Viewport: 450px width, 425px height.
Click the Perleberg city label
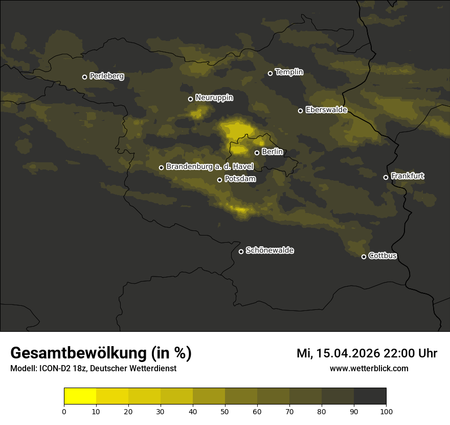click(106, 76)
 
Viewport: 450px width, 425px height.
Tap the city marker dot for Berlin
click(257, 153)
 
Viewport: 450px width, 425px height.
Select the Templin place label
click(289, 72)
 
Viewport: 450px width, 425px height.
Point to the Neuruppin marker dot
click(190, 99)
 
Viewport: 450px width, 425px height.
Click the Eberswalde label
click(326, 110)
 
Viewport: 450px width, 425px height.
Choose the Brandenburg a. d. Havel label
click(210, 167)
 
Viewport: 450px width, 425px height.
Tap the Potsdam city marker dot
click(219, 180)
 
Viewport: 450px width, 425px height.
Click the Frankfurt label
click(408, 176)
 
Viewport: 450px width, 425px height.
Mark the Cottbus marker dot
click(364, 257)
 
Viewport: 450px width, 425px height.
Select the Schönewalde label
click(269, 250)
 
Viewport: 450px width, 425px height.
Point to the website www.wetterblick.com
click(369, 369)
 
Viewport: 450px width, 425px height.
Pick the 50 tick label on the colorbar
click(225, 411)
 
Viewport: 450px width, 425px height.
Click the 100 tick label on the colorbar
click(386, 411)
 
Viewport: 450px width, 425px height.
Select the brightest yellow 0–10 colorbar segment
click(80, 396)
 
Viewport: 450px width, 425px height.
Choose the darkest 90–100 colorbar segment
click(370, 396)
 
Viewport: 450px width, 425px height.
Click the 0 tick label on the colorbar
click(64, 411)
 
